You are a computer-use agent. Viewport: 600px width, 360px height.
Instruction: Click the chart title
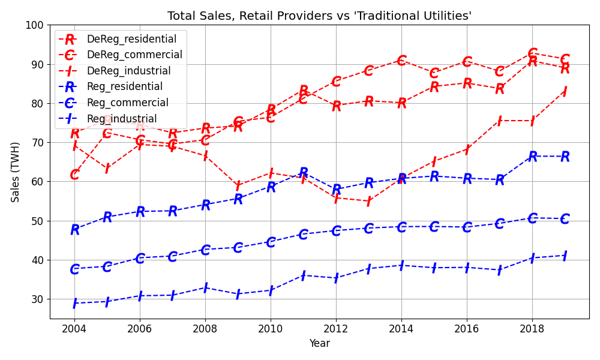tap(319, 16)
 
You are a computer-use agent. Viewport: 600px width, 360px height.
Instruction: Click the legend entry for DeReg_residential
tap(131, 39)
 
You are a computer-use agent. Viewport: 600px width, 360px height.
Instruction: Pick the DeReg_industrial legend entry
tap(128, 71)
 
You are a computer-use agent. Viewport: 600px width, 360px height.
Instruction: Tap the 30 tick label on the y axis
tap(38, 299)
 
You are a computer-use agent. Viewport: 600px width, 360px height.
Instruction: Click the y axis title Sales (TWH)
tap(16, 172)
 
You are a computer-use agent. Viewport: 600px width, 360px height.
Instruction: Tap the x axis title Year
tap(319, 344)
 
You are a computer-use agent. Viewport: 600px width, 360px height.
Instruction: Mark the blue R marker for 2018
tap(532, 157)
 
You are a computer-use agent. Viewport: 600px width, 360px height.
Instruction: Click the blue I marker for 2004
tap(74, 303)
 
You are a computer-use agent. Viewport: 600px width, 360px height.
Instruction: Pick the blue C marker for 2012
tap(336, 231)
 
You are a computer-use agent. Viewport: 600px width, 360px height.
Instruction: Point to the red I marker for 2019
tap(565, 92)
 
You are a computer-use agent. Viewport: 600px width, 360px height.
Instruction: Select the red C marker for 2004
tap(74, 175)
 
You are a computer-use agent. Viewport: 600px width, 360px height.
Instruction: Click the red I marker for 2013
tap(369, 201)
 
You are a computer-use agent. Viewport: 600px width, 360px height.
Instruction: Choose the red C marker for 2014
tap(401, 61)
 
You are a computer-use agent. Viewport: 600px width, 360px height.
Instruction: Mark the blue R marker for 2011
tap(304, 173)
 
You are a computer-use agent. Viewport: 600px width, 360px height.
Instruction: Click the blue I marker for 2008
tap(205, 288)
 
